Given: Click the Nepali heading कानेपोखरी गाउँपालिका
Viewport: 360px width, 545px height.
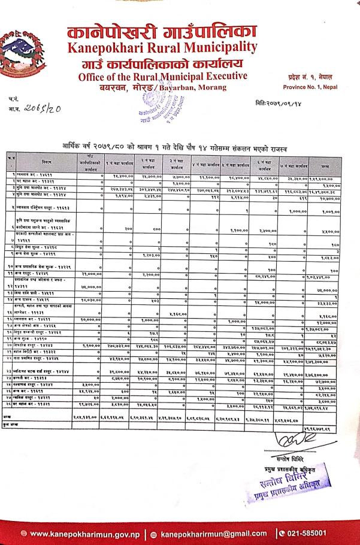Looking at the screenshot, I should pyautogui.click(x=162, y=27).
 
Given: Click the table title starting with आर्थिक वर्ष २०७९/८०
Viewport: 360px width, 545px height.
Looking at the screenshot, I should pyautogui.click(x=180, y=147).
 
